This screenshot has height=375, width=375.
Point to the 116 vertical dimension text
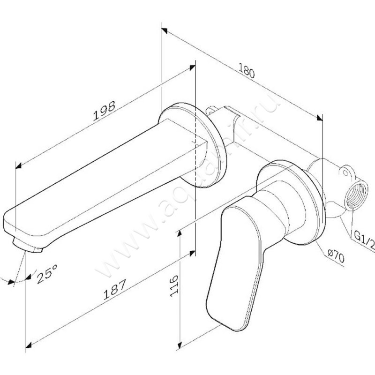pos(175,285)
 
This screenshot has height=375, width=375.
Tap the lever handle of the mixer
pos(232,262)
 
